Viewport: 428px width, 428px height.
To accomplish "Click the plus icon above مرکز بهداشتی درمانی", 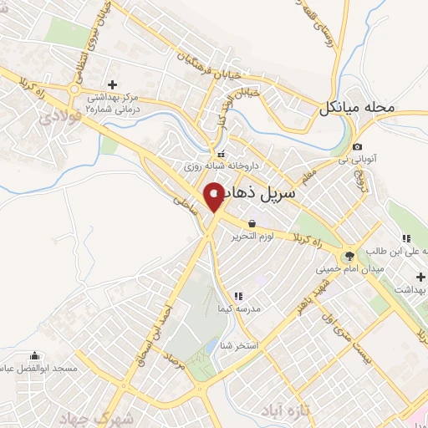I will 113,84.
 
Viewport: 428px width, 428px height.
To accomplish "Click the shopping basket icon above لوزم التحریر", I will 252,223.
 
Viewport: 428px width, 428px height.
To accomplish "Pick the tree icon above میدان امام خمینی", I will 349,256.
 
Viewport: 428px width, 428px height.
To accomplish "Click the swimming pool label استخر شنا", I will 243,344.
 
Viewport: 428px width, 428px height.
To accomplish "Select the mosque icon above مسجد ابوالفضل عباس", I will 34,354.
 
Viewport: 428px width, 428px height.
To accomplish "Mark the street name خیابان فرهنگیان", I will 200,59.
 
